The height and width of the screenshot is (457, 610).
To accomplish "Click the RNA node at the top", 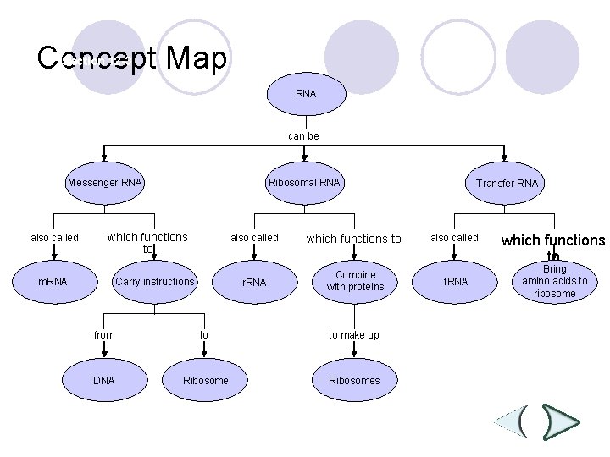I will [306, 93].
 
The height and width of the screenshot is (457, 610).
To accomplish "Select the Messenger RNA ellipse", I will [105, 183].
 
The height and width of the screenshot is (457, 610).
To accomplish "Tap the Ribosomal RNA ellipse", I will [303, 183].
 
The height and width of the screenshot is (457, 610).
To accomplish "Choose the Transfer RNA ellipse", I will [506, 184].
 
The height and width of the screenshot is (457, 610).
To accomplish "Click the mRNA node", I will [53, 281].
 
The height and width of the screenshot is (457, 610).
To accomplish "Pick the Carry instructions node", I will [155, 281].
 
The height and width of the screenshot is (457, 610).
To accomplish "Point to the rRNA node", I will [254, 282].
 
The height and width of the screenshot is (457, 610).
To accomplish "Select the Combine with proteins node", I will [355, 281].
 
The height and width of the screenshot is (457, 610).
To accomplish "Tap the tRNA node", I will [456, 281].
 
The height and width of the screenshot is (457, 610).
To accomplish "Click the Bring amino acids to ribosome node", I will [554, 282].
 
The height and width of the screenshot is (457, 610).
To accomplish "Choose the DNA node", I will [103, 380].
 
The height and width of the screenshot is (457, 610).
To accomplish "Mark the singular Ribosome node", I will [205, 380].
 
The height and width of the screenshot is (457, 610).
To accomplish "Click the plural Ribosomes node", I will [354, 380].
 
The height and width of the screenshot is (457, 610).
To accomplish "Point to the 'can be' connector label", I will [303, 135].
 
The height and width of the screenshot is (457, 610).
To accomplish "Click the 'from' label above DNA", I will [104, 335].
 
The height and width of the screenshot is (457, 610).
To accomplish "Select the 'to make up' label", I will [354, 335].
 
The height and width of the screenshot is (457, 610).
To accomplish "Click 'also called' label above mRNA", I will [54, 238].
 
